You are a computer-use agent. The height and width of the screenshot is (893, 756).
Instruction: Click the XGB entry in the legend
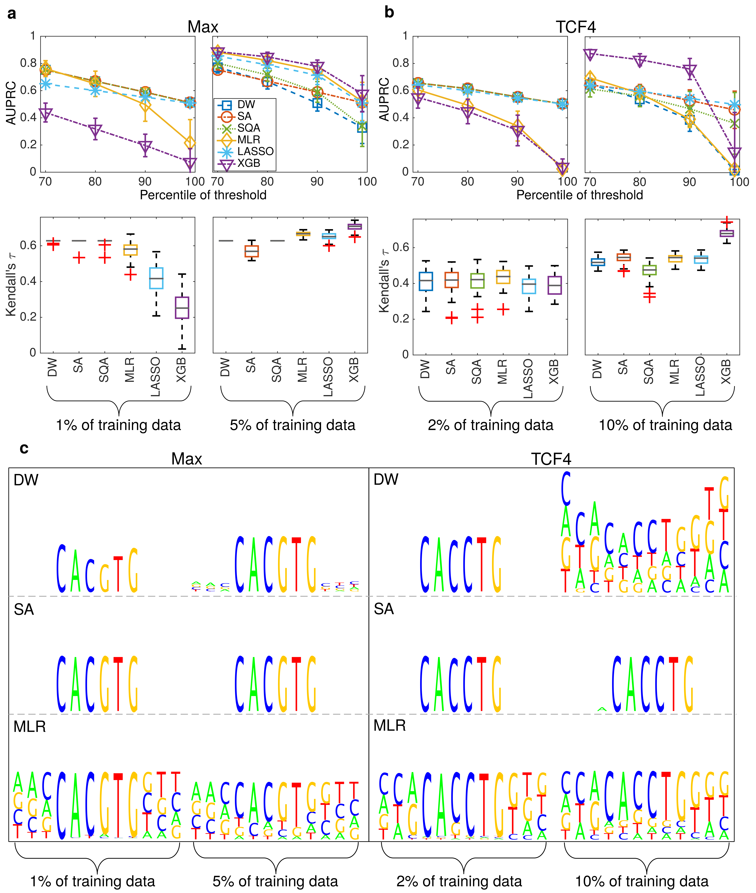(x=249, y=163)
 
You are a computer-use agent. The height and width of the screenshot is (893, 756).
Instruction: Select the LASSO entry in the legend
(x=255, y=151)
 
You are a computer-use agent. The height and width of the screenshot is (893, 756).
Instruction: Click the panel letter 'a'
(x=12, y=14)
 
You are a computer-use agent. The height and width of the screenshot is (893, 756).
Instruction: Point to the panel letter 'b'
(x=389, y=12)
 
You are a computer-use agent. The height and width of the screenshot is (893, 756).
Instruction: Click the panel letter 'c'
(x=24, y=448)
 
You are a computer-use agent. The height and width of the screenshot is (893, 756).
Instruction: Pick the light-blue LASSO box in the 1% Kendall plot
(x=156, y=278)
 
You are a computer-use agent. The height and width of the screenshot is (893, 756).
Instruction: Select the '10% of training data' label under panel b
(x=665, y=425)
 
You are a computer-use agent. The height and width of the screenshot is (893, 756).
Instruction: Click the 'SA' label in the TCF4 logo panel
(x=384, y=609)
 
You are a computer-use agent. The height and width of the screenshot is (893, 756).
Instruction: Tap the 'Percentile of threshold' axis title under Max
(x=203, y=195)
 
